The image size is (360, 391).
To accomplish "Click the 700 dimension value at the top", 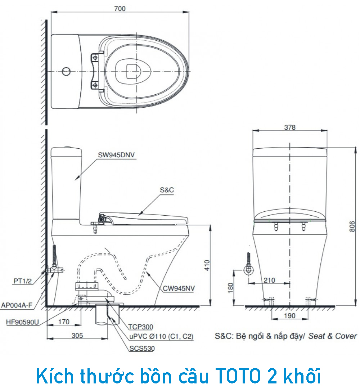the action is pos(120,9).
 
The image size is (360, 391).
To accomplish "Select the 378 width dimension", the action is pos(290,127).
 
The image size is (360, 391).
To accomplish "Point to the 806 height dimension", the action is pos(352,226).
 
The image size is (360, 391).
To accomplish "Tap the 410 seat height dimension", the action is pos(207,265).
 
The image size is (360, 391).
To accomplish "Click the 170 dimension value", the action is pos(64,322).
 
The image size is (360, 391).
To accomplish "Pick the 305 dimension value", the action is pos(77,336).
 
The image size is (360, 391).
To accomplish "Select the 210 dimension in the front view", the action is pos(269,280).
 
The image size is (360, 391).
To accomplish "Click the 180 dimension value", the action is pos(231,288).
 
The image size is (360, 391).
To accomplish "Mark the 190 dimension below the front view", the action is pos(290,316).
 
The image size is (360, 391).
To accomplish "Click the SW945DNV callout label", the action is pos(116,155).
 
